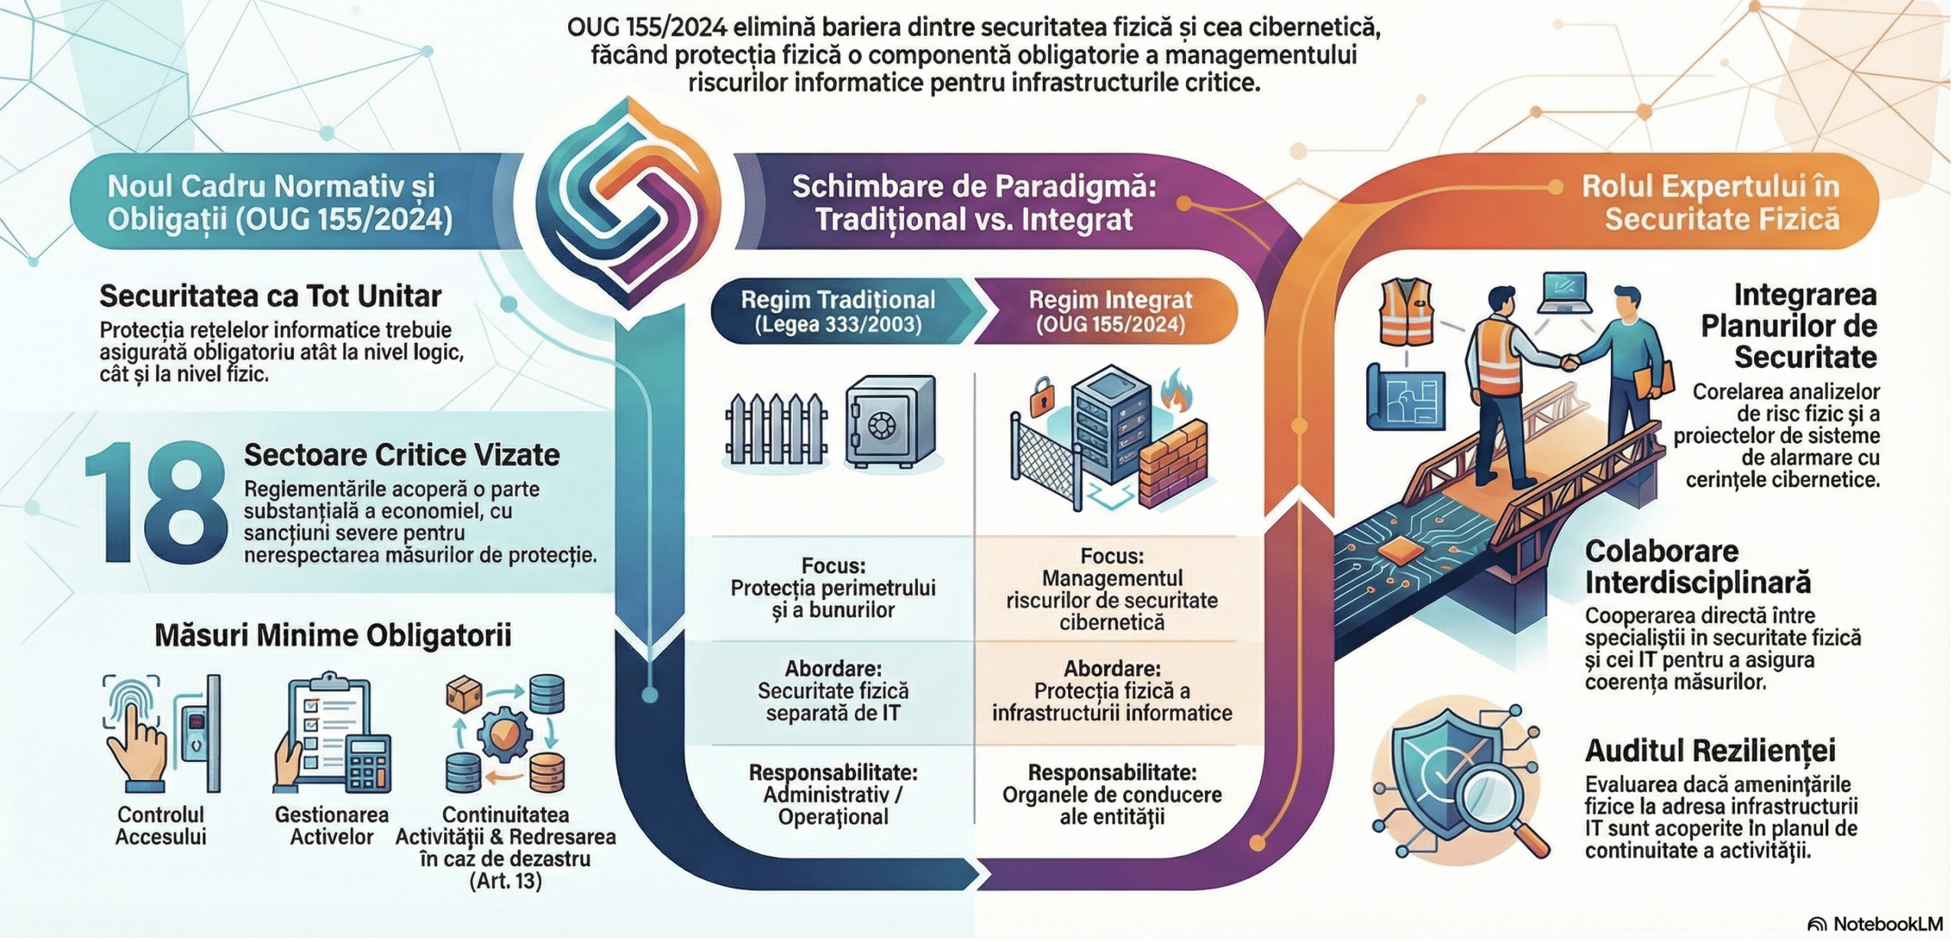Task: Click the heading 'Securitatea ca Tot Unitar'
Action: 270,296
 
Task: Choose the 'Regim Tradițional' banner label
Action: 838,311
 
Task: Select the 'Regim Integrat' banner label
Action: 1110,311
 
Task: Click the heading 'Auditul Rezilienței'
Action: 1710,750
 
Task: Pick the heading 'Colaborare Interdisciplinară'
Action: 1697,567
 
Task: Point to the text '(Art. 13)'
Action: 505,880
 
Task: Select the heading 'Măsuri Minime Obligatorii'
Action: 332,635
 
